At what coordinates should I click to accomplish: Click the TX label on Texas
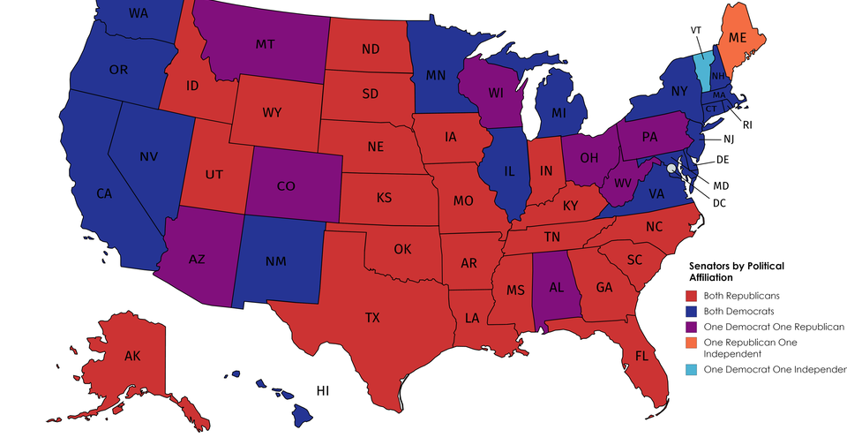(x=372, y=317)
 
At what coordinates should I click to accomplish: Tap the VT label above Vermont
(x=697, y=29)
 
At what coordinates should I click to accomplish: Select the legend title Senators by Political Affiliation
(x=736, y=271)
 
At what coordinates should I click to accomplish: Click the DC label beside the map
(x=719, y=202)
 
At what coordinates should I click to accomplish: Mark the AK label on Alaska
(x=132, y=358)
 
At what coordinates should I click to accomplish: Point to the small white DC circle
(x=671, y=168)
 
